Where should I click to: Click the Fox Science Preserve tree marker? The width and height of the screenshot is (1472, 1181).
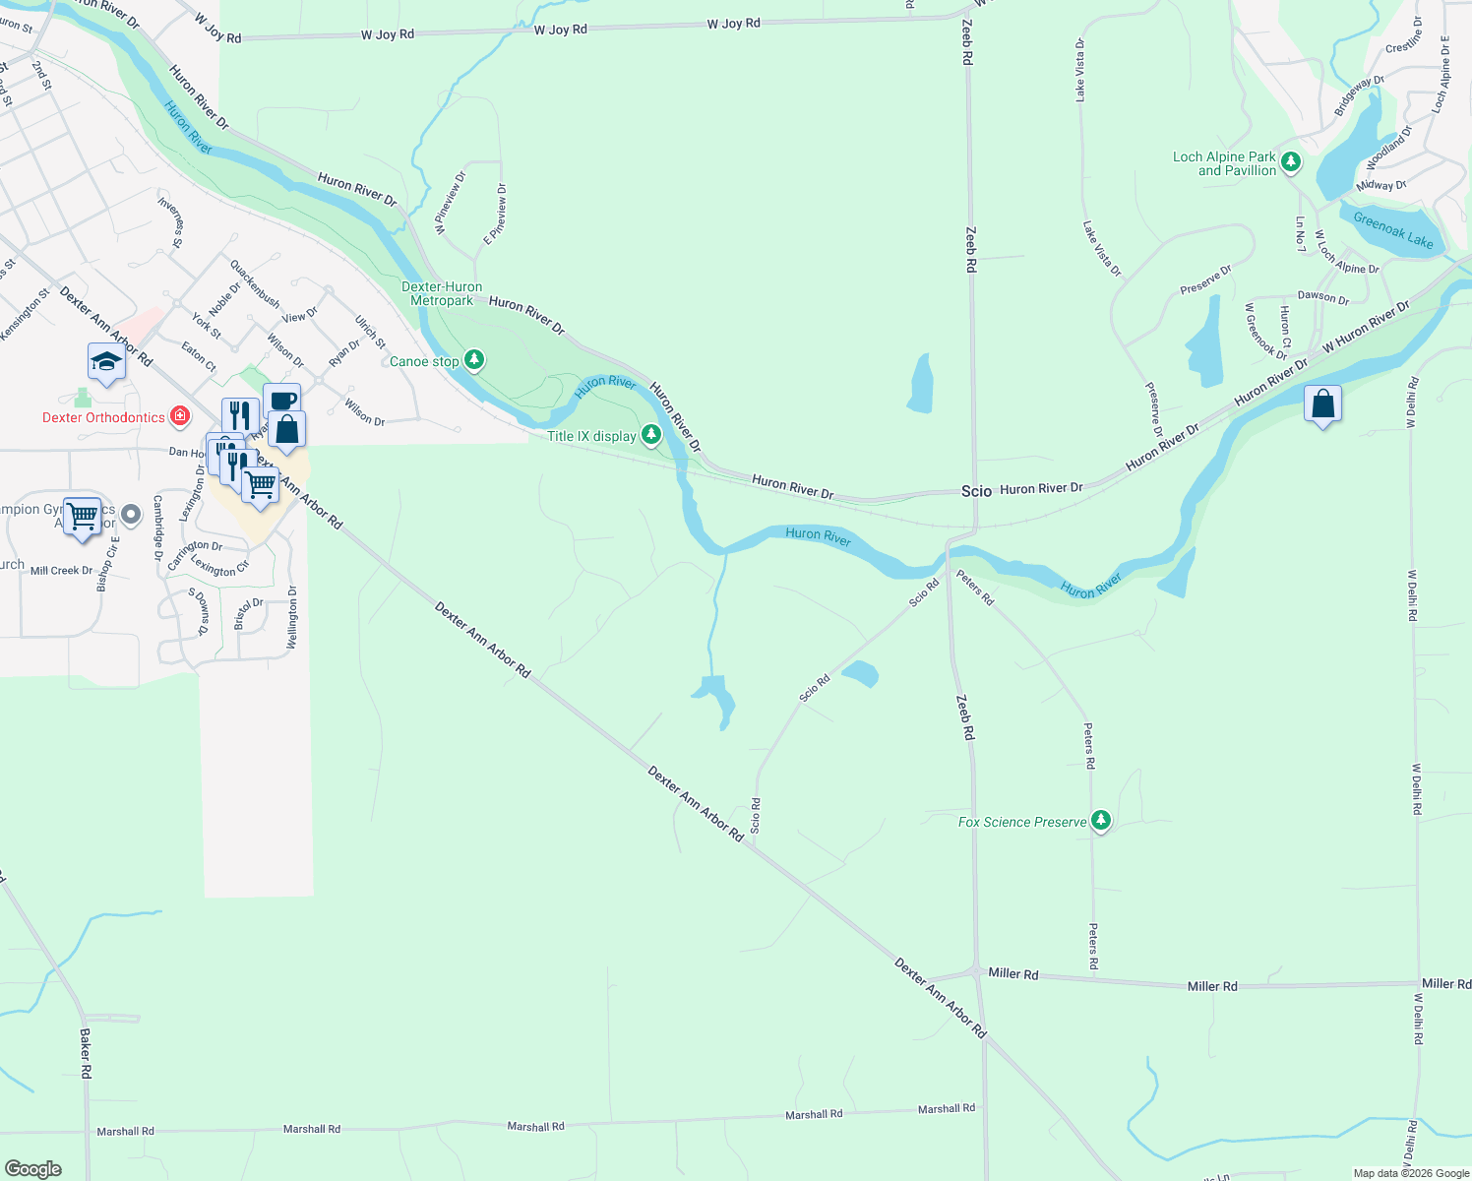(1101, 821)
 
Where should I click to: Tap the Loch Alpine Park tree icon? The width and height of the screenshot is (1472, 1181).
(1291, 161)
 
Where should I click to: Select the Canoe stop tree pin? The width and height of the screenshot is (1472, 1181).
(474, 360)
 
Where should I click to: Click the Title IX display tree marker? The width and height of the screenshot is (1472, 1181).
(651, 434)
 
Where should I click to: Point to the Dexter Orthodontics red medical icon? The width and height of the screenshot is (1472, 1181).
(180, 416)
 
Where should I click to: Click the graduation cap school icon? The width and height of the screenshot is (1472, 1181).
(106, 362)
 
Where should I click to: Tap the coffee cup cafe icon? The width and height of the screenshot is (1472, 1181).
(281, 401)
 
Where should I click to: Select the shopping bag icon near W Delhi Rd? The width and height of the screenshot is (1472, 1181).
(1323, 404)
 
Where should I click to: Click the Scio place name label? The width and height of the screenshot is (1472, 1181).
(976, 491)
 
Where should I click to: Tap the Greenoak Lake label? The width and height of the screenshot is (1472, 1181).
(1392, 230)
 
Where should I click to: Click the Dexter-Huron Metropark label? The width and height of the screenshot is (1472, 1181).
(442, 294)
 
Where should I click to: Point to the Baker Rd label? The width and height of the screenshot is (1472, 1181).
(86, 1053)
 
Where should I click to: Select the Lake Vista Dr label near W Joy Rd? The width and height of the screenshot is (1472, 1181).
(1080, 71)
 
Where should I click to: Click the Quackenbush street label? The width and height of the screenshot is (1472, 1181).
(255, 283)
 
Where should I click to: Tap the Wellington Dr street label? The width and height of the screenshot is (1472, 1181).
(292, 617)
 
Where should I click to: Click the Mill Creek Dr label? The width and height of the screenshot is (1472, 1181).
(61, 571)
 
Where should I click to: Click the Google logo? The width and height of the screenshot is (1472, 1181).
(33, 1169)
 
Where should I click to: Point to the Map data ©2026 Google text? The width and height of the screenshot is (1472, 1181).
(1411, 1173)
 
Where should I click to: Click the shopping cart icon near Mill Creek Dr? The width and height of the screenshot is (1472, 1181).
(82, 515)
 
